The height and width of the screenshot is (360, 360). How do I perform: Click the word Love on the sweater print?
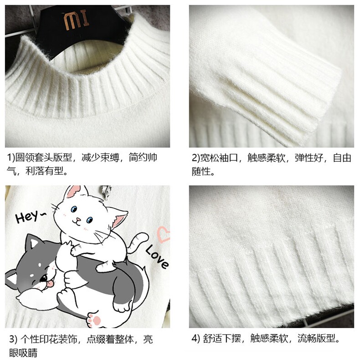pos(157,257)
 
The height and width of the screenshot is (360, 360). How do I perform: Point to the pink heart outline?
pos(164,234)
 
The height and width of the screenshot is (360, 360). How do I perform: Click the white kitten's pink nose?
pos(78,220)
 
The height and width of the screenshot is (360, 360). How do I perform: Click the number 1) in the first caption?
pos(11,158)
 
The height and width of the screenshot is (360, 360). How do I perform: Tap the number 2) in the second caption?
pos(196,158)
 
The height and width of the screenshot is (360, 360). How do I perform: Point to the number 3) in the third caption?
pos(13,339)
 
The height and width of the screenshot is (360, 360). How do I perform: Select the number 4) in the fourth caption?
pos(196,339)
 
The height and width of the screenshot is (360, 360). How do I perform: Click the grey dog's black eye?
pos(43,278)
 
